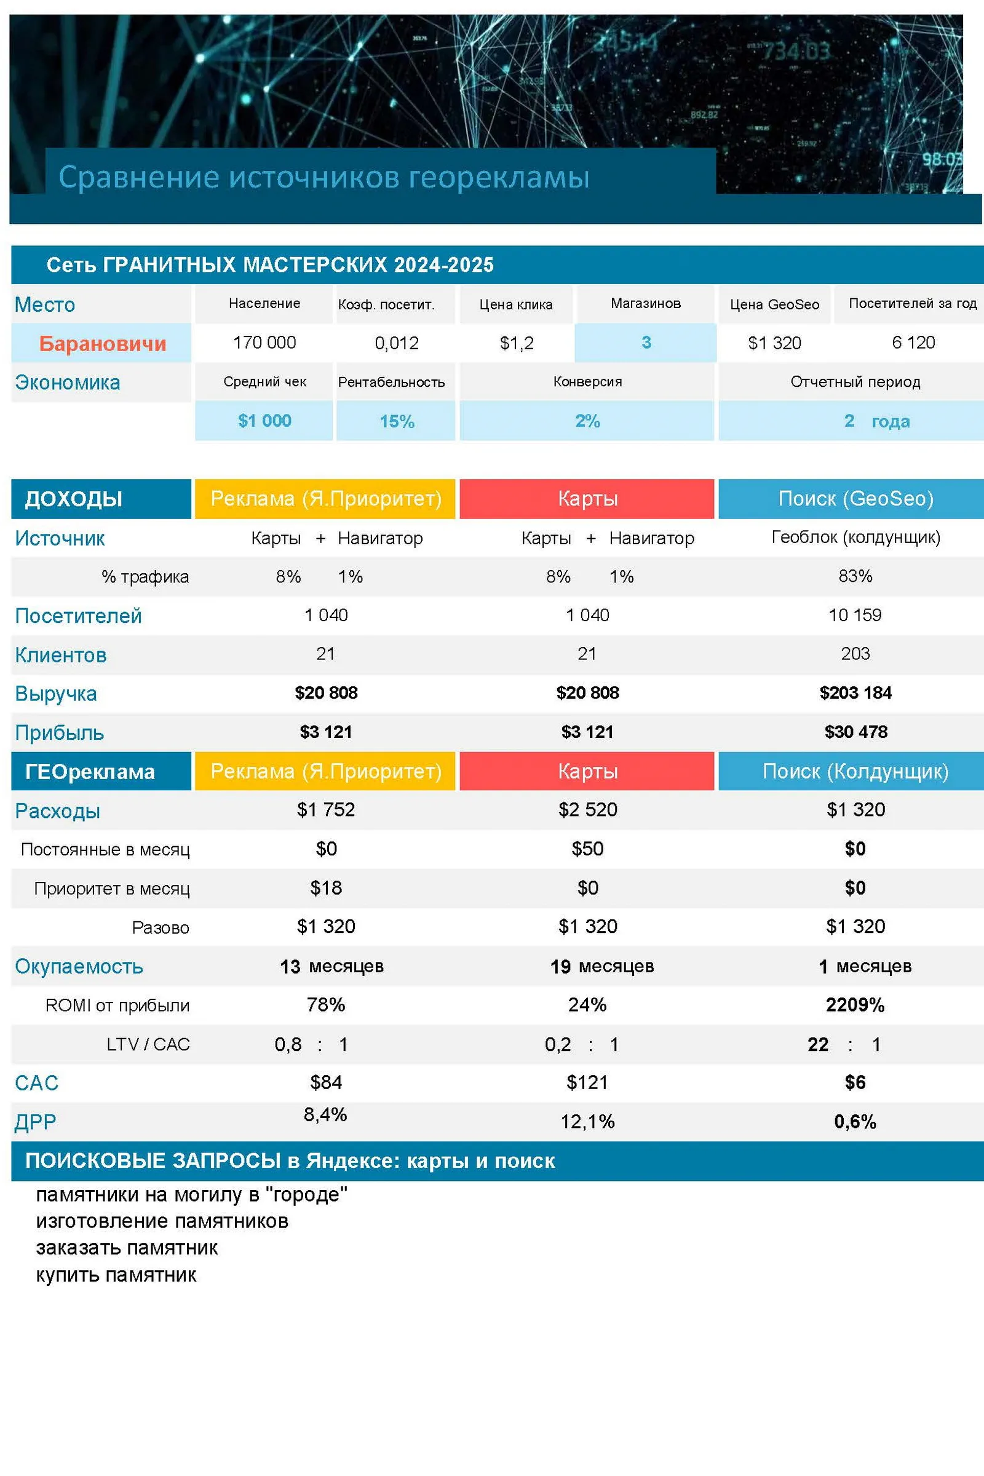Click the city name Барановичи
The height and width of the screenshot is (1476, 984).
(102, 343)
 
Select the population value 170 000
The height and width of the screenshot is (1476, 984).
(264, 342)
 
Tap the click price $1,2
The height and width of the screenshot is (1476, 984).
(517, 343)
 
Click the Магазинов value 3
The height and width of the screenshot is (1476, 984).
(646, 342)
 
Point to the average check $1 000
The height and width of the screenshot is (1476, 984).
(264, 421)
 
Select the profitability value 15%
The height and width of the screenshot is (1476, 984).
(397, 421)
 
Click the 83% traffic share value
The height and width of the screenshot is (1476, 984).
(855, 576)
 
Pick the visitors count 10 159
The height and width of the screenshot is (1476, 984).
(855, 614)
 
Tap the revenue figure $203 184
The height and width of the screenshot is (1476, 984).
(855, 692)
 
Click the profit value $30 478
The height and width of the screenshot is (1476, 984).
(855, 731)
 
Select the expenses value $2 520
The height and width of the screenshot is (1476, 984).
(587, 809)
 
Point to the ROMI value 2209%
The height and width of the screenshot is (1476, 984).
(855, 1005)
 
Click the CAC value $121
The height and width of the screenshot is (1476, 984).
(587, 1082)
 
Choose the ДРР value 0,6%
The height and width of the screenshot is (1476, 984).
(855, 1121)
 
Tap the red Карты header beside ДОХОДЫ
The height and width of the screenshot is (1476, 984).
(587, 498)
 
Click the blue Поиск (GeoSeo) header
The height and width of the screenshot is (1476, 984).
(855, 498)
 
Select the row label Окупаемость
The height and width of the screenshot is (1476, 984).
(79, 966)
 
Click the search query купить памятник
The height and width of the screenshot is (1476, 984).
(116, 1274)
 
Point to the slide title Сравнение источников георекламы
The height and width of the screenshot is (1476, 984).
(324, 177)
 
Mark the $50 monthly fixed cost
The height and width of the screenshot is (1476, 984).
(587, 849)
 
